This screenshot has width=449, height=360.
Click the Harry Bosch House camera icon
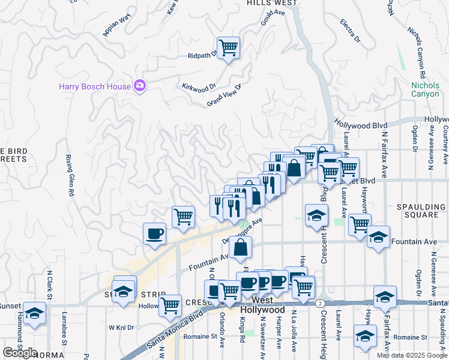[140, 86]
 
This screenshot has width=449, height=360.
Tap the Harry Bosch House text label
[94, 86]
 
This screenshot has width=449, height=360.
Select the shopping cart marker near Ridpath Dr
[228, 47]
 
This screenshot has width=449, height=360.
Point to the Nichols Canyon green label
[425, 89]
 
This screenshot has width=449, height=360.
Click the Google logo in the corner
[20, 353]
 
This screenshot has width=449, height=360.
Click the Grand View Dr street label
[223, 95]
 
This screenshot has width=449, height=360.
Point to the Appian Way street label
[117, 25]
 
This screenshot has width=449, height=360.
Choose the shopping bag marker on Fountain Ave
[240, 247]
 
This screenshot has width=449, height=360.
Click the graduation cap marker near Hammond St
[34, 314]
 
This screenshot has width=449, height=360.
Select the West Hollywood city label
[262, 305]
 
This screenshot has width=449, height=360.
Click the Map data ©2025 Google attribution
[411, 355]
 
